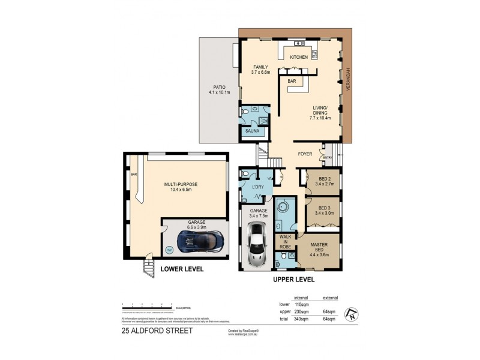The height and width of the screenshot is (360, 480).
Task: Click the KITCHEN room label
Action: [x=299, y=57]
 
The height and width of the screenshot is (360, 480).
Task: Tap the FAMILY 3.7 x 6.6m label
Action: [x=260, y=70]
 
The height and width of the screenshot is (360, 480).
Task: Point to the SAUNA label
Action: [x=252, y=130]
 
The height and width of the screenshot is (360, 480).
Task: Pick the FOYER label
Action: [x=307, y=154]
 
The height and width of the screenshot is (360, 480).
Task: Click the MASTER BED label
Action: [x=319, y=247]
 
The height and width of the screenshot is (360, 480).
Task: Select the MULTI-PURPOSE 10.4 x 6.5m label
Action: [x=181, y=187]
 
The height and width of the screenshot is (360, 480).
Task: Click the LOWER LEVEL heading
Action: [x=182, y=269]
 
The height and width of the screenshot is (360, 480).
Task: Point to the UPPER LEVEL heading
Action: [x=293, y=280]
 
